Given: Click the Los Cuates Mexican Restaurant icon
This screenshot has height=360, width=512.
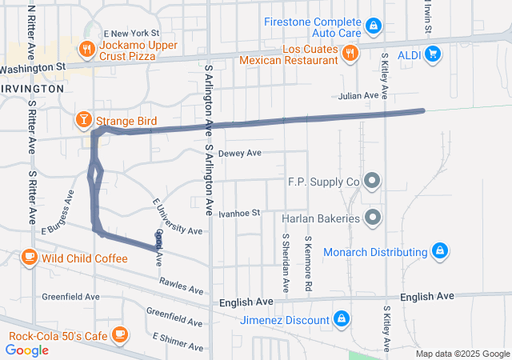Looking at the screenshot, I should pos(349,54).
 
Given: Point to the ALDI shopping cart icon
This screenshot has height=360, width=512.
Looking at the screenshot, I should pos(433,54).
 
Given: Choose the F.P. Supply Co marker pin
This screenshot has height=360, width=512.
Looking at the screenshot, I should pos(372,182).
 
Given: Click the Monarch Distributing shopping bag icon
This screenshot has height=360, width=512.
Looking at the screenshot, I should pos(438,252).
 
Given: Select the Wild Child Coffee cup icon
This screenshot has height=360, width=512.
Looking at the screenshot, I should pos(29,258).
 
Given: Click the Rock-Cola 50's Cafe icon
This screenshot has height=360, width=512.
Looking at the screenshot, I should pos(120,334).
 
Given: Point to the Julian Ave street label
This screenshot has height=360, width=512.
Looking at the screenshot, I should pos(358,96).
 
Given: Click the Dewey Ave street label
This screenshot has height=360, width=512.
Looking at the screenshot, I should pos(240,153).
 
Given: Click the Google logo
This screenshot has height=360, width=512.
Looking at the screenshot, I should pos(26,350).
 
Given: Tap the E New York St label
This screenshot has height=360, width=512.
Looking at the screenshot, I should pos(126,30).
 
